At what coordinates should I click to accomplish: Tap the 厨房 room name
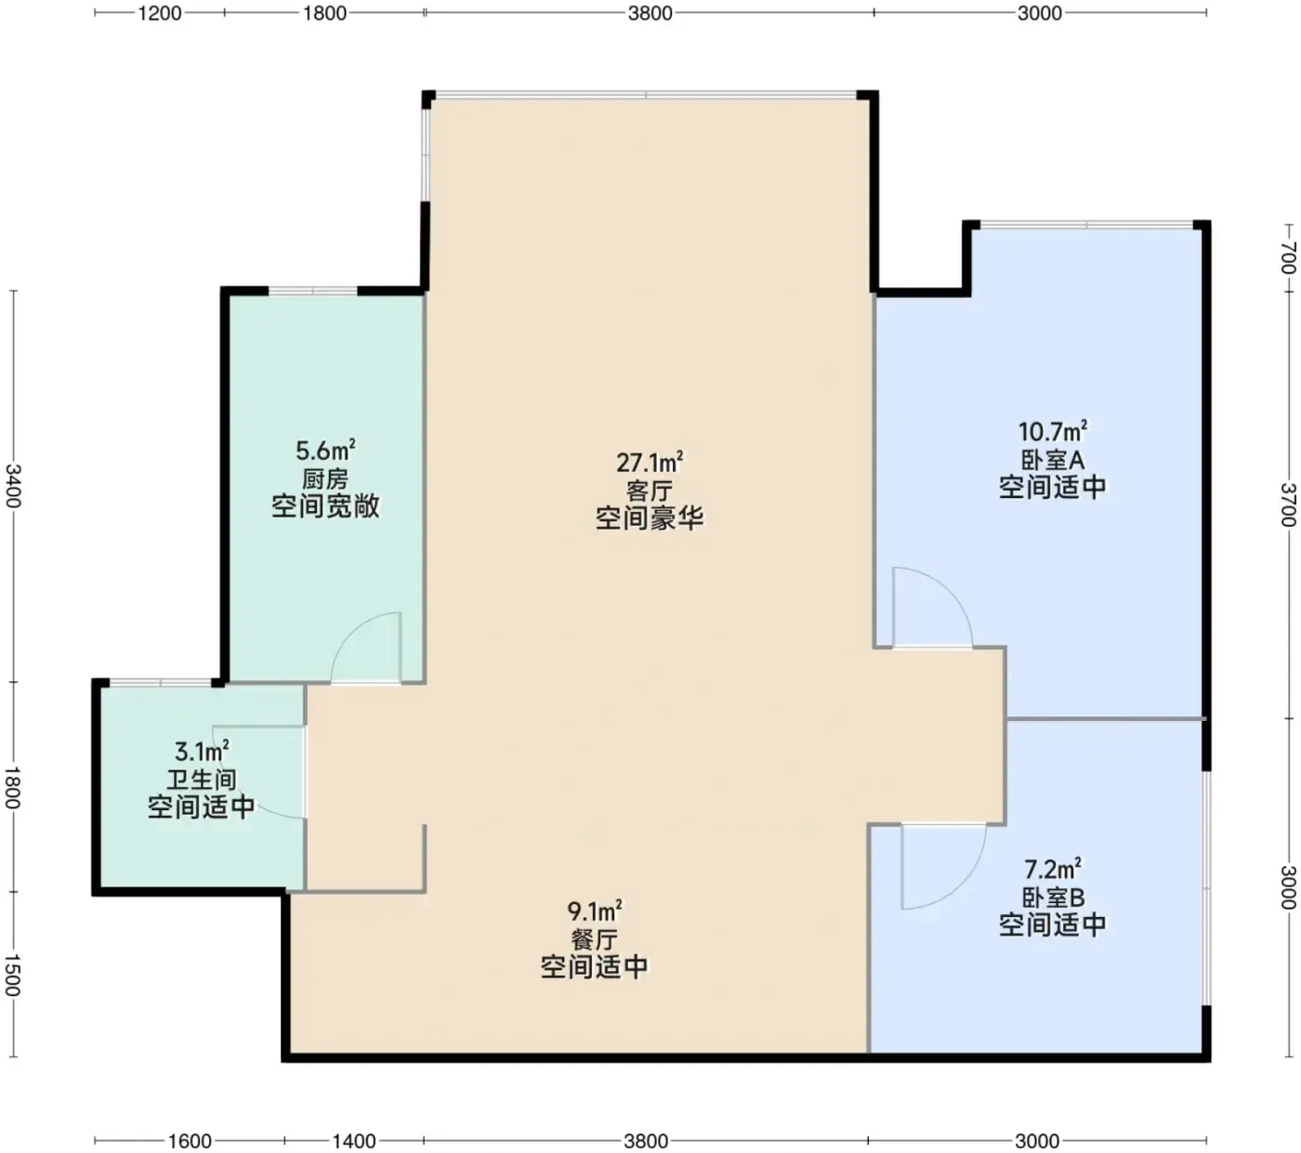coord(325,478)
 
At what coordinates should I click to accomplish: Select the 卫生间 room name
coord(202,780)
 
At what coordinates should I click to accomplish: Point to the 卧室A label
coord(1053,460)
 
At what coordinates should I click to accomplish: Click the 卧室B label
coord(1053,898)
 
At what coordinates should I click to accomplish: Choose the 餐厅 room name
coord(594,939)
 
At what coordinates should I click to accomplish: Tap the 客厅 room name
coord(650,491)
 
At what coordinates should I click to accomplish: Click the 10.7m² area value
coord(1053,431)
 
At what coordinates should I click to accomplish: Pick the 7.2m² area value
coord(1053,869)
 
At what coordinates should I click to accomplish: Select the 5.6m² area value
coord(325,450)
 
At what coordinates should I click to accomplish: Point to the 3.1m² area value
coord(202,751)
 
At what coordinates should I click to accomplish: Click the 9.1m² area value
coord(594,911)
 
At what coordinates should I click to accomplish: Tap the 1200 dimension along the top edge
coord(159,13)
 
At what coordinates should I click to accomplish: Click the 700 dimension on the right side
coord(1288,257)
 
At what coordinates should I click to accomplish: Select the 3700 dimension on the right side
coord(1288,504)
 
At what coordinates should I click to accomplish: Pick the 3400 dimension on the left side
coord(13,485)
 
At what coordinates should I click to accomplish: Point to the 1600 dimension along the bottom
coord(190,1141)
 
